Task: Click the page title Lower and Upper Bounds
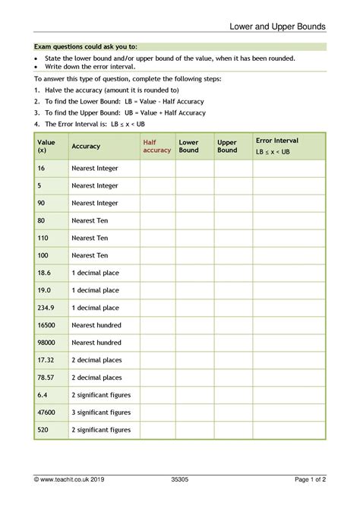pyautogui.click(x=279, y=27)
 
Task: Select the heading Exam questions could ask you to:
pyautogui.click(x=86, y=47)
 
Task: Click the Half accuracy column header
pyautogui.click(x=156, y=146)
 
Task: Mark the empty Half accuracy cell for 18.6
pyautogui.click(x=157, y=273)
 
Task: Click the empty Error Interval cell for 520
pyautogui.click(x=288, y=430)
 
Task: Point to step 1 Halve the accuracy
pyautogui.click(x=106, y=90)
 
